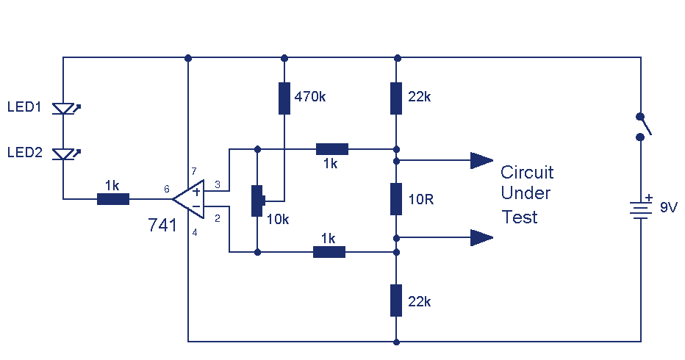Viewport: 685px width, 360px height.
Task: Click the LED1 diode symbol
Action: [x=64, y=108]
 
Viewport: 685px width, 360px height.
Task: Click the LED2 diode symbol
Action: [x=64, y=154]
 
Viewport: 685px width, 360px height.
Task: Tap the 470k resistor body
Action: [x=284, y=98]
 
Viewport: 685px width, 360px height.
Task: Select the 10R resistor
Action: [x=396, y=199]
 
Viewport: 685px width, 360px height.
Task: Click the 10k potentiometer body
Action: [x=257, y=201]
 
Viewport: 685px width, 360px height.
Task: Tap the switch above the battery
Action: [x=644, y=126]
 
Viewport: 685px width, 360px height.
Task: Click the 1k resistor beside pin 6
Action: [x=113, y=199]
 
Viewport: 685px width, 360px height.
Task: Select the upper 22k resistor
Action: [x=396, y=98]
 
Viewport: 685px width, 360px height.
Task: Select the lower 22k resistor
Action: [x=396, y=300]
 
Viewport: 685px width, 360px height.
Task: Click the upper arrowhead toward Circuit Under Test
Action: [x=482, y=160]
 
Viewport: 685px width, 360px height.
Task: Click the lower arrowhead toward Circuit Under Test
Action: [x=482, y=237]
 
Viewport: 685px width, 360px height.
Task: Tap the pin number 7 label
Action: [x=194, y=171]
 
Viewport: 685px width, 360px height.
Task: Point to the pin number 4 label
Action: [x=195, y=233]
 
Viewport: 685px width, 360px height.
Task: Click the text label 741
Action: [x=162, y=226]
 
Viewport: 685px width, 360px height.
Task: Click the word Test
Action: [x=520, y=217]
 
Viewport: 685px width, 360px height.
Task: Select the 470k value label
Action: [x=310, y=96]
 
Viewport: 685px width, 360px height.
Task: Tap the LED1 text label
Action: [x=24, y=107]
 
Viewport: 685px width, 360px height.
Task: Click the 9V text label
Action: [x=669, y=207]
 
